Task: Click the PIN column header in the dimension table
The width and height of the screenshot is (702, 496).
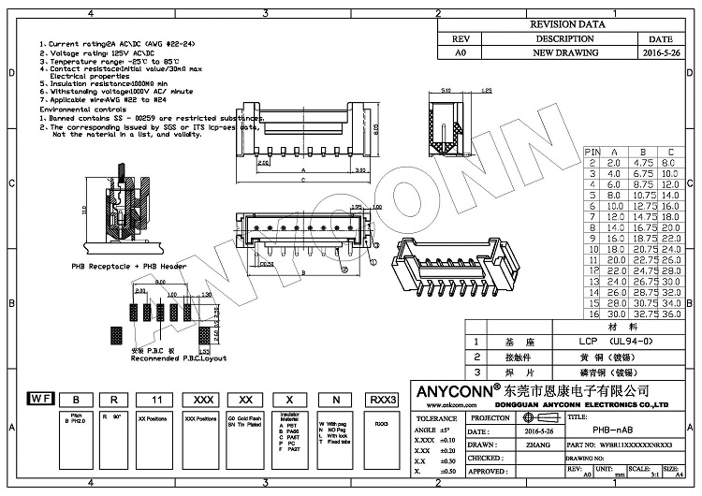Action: coord(592,151)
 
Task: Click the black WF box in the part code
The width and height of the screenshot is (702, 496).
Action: coord(40,400)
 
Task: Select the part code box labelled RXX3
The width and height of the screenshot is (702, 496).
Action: coord(381,400)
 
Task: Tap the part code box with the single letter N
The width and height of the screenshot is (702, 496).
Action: coord(334,400)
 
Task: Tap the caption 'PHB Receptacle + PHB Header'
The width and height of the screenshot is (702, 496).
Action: coord(129,266)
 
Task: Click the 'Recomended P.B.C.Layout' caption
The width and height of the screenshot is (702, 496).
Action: coord(178,358)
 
